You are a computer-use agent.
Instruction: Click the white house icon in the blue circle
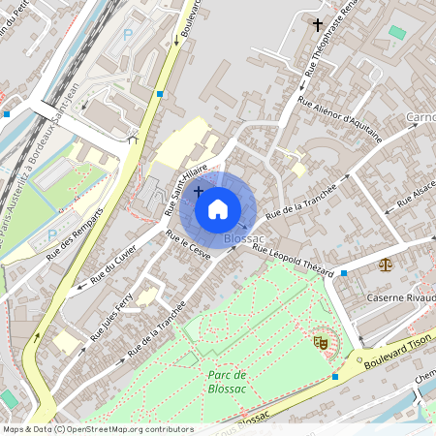218,207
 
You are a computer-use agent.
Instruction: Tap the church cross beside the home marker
199,191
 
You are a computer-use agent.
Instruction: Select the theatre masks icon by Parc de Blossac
320,342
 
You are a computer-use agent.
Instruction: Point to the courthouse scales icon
389,263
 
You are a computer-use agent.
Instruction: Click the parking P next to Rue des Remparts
51,235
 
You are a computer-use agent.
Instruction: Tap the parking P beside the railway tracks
128,35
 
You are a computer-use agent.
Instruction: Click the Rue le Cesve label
188,246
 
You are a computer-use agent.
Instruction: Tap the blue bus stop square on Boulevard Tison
335,376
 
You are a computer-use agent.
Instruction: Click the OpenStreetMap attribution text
98,429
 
